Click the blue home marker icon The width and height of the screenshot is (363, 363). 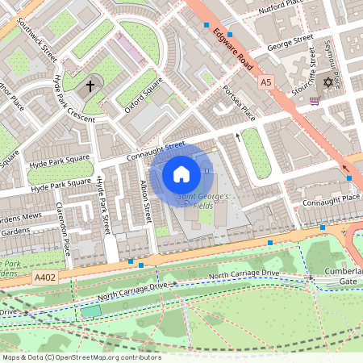[x=181, y=173]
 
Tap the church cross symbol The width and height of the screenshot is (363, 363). [x=90, y=85]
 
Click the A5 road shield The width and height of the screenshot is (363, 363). [x=266, y=82]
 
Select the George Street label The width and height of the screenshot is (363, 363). [x=290, y=38]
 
